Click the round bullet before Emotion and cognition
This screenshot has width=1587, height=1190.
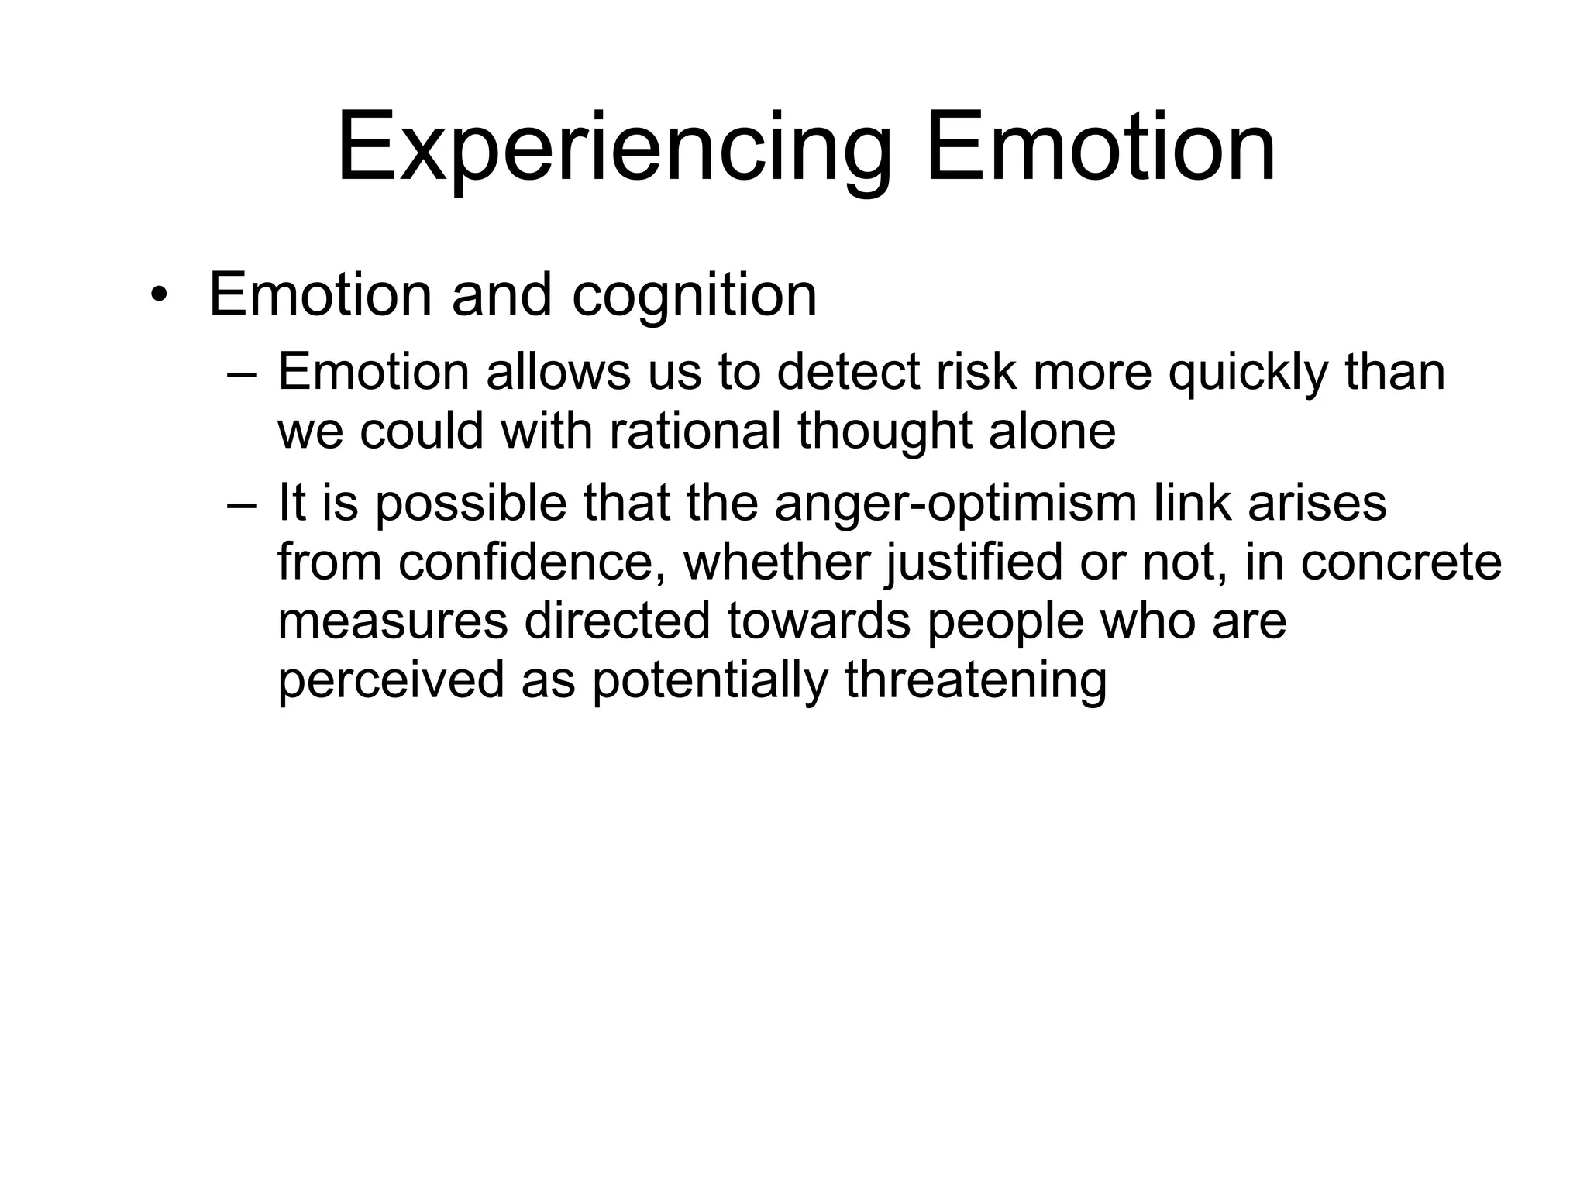point(159,296)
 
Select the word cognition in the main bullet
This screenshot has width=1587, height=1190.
point(694,296)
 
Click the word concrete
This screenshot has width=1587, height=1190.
point(1401,562)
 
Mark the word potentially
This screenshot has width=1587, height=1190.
point(709,680)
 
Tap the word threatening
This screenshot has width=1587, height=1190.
point(976,680)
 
